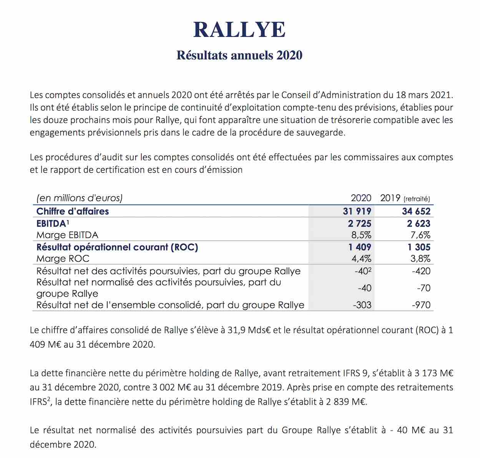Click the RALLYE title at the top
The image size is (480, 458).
239,30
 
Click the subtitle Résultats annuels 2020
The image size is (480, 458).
239,55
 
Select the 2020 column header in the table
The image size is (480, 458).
361,198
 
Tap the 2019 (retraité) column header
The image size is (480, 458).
405,198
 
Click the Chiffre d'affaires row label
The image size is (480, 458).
73,211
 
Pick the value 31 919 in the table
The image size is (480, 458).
357,211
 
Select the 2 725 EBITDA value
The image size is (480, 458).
360,223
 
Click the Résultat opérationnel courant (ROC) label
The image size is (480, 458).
117,247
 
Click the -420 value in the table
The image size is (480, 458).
421,271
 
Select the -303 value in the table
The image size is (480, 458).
362,305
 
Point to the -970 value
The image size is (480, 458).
421,305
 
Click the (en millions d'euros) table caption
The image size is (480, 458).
79,198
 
